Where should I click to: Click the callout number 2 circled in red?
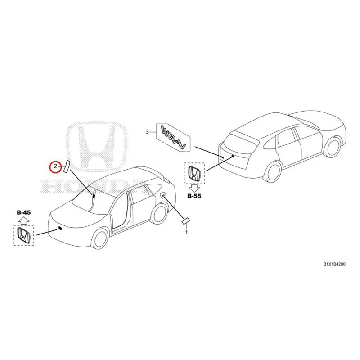click(x=55, y=166)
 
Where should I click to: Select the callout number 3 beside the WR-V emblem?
click(x=147, y=132)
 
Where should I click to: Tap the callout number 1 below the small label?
click(x=186, y=233)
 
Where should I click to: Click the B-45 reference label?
click(x=24, y=212)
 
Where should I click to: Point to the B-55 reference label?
click(x=194, y=196)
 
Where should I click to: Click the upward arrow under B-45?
click(x=24, y=220)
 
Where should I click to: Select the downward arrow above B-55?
click(x=194, y=189)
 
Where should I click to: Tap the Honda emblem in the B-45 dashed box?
click(x=24, y=235)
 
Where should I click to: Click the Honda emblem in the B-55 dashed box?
click(x=194, y=173)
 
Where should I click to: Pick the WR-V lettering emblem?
click(x=174, y=137)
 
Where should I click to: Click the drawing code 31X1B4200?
click(x=334, y=264)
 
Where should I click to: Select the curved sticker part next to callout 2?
click(x=66, y=166)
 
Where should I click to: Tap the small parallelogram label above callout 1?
click(x=186, y=221)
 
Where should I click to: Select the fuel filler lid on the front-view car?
click(x=163, y=195)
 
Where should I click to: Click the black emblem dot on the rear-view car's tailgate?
click(x=233, y=156)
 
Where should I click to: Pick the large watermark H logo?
click(x=96, y=147)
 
